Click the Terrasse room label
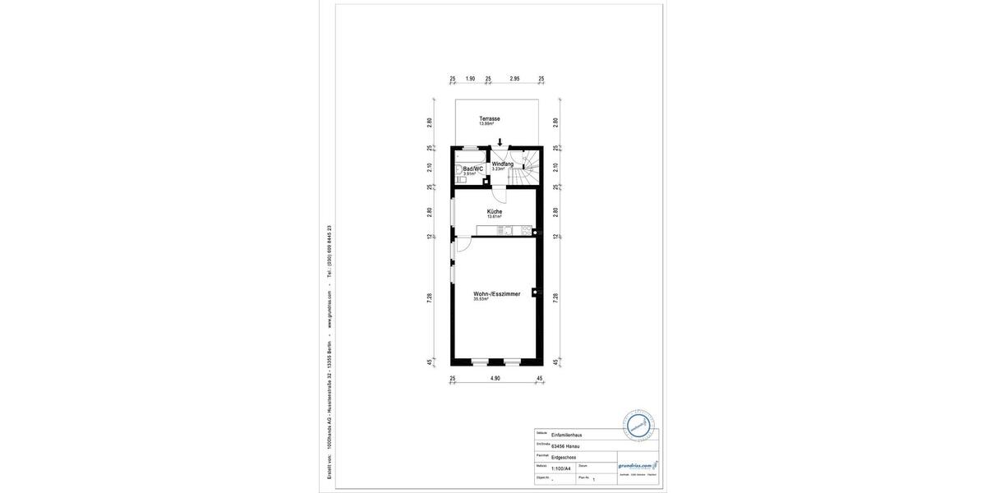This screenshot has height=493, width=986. (490, 119)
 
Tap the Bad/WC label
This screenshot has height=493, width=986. (472, 168)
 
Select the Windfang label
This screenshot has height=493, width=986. (503, 164)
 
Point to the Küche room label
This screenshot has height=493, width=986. (494, 212)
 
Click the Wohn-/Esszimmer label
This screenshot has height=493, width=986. (496, 293)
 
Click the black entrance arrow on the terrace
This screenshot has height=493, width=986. (500, 142)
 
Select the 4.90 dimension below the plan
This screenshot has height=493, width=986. (495, 379)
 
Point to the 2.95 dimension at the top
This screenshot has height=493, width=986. (514, 79)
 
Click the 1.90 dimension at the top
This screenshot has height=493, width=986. (470, 79)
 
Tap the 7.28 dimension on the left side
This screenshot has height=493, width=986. (430, 298)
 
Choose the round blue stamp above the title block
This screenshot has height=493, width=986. (638, 426)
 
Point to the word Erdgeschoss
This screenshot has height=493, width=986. (564, 457)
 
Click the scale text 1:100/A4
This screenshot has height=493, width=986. (561, 468)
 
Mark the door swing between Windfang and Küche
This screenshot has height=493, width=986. (499, 194)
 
